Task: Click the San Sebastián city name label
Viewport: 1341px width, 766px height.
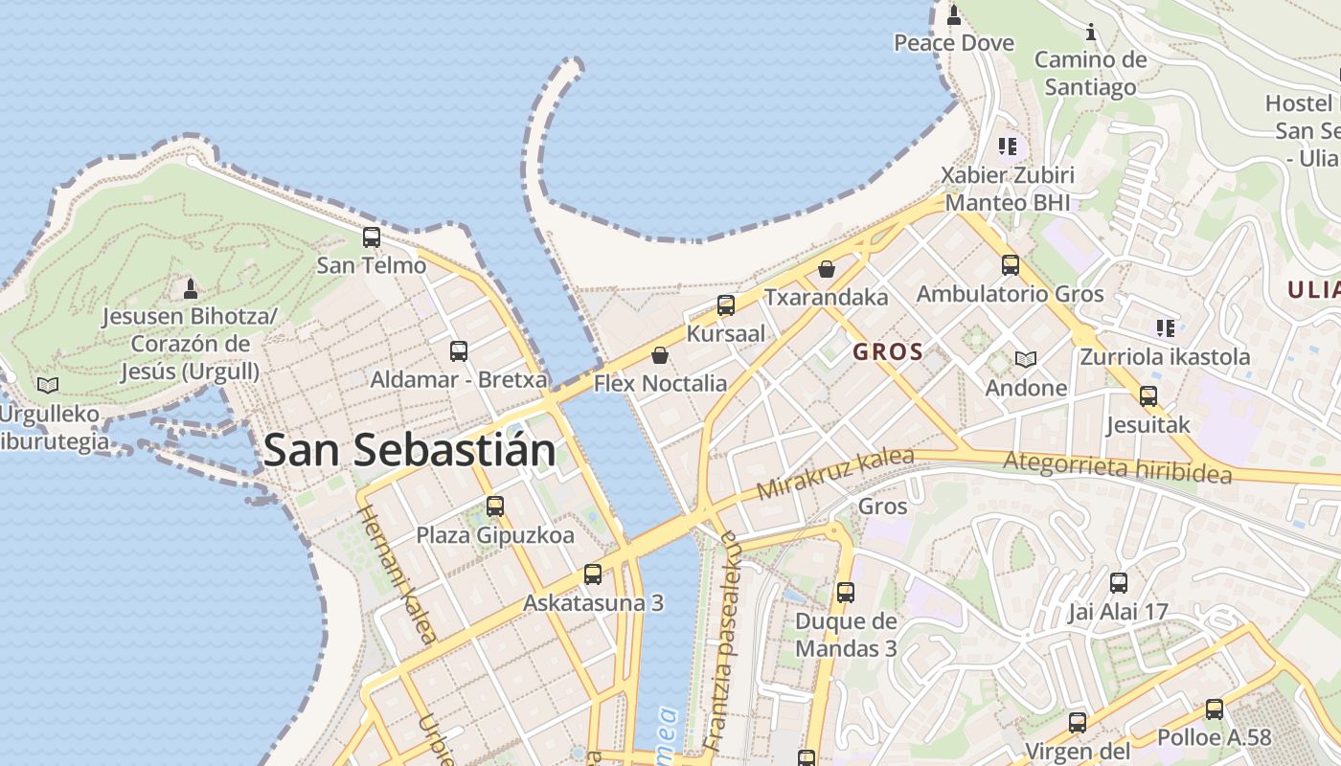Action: (x=409, y=450)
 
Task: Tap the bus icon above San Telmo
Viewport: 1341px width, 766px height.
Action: (x=371, y=237)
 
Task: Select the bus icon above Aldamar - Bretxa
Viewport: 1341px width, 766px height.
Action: (x=459, y=351)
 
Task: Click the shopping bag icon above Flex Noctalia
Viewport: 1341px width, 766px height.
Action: (x=660, y=356)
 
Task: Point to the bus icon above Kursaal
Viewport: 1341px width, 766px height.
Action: (x=726, y=305)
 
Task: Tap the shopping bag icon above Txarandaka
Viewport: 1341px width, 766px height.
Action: (x=827, y=269)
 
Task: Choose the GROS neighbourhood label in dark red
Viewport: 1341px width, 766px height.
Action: (x=888, y=351)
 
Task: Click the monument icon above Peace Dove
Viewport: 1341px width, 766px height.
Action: (x=953, y=15)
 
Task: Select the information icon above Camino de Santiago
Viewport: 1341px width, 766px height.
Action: (x=1090, y=33)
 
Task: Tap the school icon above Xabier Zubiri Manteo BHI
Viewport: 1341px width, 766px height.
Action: (x=1007, y=146)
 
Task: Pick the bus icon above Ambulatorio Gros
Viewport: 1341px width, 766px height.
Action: (x=1011, y=265)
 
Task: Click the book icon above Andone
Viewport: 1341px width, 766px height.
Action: (x=1026, y=360)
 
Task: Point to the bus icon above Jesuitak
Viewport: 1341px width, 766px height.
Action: (x=1148, y=395)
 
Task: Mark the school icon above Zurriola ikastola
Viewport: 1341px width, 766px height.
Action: (x=1165, y=328)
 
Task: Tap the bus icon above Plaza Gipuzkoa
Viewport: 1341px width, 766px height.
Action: (x=494, y=507)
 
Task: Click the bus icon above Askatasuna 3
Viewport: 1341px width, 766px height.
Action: (x=593, y=574)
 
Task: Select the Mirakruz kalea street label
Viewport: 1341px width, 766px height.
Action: (x=834, y=473)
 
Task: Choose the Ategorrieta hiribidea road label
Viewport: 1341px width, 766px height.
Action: (x=1117, y=466)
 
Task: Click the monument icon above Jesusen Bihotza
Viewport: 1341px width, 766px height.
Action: (x=191, y=288)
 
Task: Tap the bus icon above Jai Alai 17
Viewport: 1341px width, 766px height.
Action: (x=1118, y=583)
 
